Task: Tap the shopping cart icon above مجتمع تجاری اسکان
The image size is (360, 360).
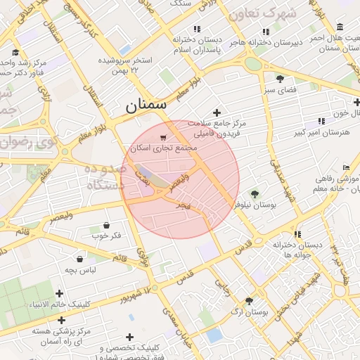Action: coord(164,138)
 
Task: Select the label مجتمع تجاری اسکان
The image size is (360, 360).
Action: coord(164,149)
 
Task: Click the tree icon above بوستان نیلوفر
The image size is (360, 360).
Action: coord(254,193)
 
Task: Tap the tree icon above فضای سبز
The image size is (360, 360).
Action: coord(280,79)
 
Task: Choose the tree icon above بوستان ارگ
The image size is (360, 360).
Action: coord(249,300)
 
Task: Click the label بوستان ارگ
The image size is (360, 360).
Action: coord(249,311)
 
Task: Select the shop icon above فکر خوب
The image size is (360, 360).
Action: coord(106,225)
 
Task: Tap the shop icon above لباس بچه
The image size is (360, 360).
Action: coord(80,259)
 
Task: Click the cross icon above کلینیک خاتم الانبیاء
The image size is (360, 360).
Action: coord(60,293)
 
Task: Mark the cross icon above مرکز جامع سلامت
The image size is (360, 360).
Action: coord(217,112)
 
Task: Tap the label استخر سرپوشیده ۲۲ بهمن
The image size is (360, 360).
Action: coord(134,65)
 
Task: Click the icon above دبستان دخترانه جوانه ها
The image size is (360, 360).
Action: coord(297,234)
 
